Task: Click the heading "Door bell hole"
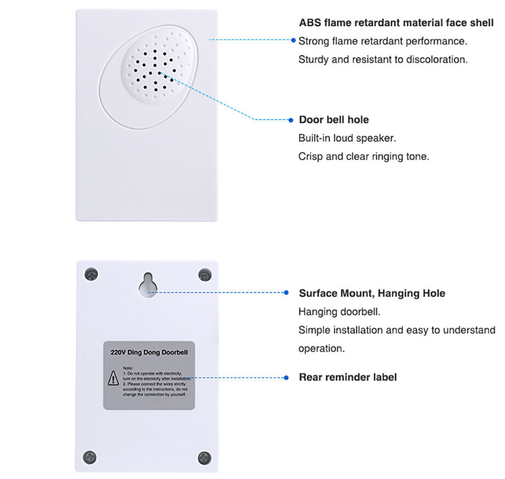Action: click(333, 120)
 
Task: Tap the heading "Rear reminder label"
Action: click(347, 377)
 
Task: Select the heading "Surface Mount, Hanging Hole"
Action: click(372, 293)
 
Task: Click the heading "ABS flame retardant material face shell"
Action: click(396, 23)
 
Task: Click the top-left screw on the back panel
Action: click(91, 275)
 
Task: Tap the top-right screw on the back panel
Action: click(205, 275)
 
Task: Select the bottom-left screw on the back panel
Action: click(90, 457)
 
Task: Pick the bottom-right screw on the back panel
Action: click(204, 457)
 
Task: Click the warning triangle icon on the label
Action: click(113, 377)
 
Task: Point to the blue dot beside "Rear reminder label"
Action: click(286, 377)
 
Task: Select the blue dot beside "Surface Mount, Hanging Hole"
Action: click(286, 293)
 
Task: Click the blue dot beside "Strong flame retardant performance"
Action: click(294, 40)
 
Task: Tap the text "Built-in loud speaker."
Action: click(347, 138)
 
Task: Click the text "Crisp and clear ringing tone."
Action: click(363, 156)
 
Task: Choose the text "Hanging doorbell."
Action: click(339, 312)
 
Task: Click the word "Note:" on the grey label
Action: click(128, 368)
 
